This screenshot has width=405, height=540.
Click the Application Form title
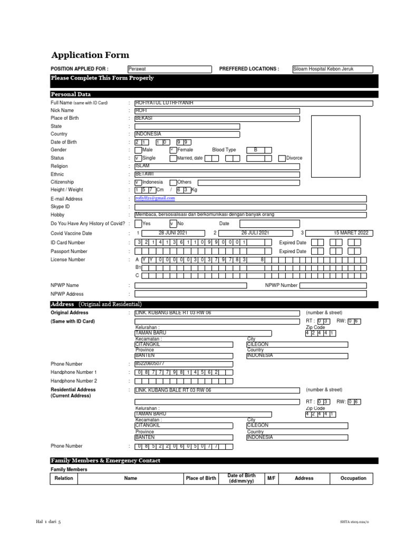pyautogui.click(x=90, y=55)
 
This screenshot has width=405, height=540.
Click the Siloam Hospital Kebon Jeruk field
pyautogui.click(x=332, y=69)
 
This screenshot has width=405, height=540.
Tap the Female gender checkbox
pyautogui.click(x=172, y=150)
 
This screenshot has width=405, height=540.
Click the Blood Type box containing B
pyautogui.click(x=256, y=150)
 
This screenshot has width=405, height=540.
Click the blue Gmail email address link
pyautogui.click(x=155, y=198)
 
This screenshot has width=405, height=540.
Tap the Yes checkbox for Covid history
pyautogui.click(x=138, y=224)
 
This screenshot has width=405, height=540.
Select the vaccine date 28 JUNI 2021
pyautogui.click(x=173, y=233)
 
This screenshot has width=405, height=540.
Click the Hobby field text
pyautogui.click(x=205, y=215)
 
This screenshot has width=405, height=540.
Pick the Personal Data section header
pyautogui.click(x=71, y=94)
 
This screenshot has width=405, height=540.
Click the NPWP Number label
pyautogui.click(x=281, y=285)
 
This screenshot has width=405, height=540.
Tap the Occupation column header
pyautogui.click(x=353, y=478)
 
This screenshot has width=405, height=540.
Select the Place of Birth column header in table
pyautogui.click(x=201, y=478)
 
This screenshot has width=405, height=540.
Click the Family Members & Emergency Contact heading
pyautogui.click(x=105, y=460)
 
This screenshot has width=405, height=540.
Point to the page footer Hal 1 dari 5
pyautogui.click(x=48, y=522)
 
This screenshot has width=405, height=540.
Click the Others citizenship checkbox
pyautogui.click(x=173, y=182)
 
